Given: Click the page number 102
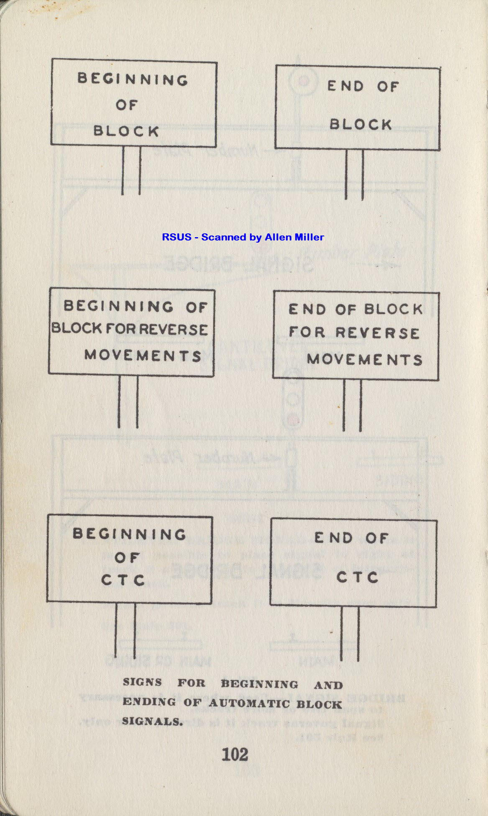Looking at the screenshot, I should (235, 755).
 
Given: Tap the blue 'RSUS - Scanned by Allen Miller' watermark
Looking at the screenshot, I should (243, 237).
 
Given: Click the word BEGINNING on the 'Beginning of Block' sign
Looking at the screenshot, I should (133, 79).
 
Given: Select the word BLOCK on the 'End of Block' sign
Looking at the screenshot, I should (360, 124).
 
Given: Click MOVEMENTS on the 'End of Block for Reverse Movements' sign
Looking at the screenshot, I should (364, 359).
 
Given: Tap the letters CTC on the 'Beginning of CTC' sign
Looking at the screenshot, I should (123, 580).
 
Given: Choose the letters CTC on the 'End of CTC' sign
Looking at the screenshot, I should (357, 577).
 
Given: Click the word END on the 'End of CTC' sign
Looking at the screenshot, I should (333, 537).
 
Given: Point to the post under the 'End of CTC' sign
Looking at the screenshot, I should (350, 634).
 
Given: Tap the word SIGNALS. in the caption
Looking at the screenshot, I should (152, 721).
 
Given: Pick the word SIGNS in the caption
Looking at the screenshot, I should (142, 682).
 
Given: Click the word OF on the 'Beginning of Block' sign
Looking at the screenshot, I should (126, 105).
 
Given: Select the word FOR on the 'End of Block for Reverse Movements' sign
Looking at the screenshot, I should (307, 332).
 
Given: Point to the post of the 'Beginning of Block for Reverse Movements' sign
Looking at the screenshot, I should (128, 402).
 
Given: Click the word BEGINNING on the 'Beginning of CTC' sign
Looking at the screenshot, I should (129, 534).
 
